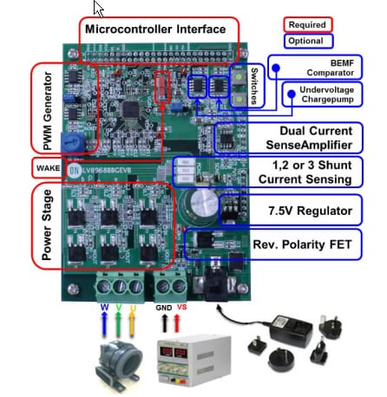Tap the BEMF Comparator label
tap(320, 68)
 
